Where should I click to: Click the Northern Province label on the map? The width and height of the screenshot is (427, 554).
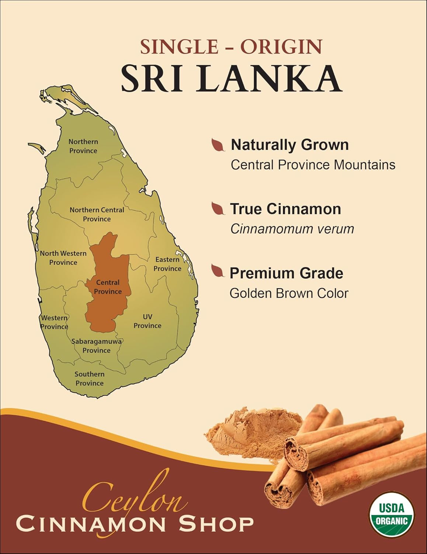83,146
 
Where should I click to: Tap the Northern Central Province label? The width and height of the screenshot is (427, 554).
97,215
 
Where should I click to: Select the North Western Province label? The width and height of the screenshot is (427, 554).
63,258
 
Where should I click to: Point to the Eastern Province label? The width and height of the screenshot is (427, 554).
167,264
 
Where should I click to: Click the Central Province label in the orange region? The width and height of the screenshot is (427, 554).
108,287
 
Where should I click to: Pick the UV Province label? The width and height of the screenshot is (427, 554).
147,321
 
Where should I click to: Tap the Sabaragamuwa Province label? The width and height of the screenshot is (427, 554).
96,346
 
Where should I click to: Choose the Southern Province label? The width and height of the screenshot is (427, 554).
90,379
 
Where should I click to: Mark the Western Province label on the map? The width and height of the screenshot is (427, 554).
54,322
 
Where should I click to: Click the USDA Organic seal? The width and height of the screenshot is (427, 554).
392,514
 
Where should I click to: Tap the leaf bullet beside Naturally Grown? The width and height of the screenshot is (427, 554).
219,145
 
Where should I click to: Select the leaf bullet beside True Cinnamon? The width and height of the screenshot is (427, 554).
219,209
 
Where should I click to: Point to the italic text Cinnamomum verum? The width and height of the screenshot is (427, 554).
292,229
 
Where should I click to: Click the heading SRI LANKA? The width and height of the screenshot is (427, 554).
231,79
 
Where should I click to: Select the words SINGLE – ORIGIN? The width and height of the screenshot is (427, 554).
231,47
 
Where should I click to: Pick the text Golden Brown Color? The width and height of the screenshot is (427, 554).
289,294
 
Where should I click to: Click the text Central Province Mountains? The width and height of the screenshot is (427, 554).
313,165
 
